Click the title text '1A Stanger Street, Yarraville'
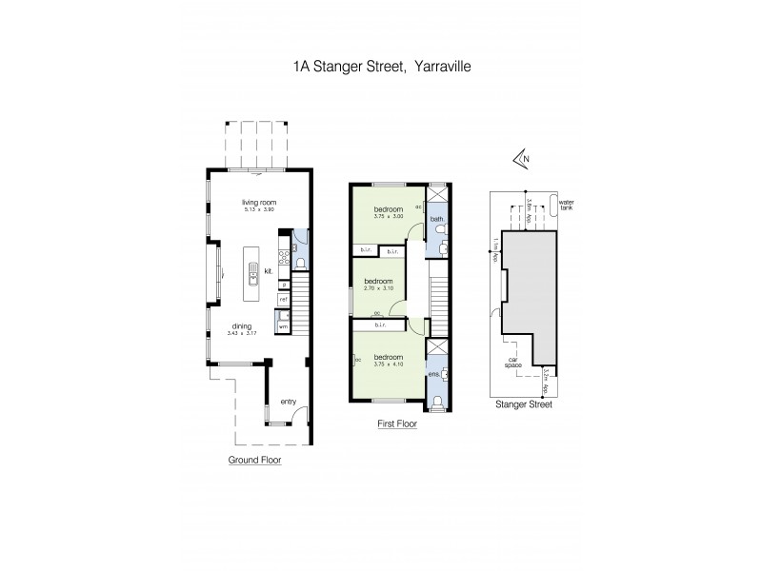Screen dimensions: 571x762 pos(380,68)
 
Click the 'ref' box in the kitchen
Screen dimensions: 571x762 pos(284,300)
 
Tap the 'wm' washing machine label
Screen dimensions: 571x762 pos(283,326)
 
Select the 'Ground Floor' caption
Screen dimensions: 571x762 pos(254,460)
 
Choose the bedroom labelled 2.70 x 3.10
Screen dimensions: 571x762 pos(378,283)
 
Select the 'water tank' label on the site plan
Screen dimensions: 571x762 pos(568,204)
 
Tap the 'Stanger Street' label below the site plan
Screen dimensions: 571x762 pos(525,404)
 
